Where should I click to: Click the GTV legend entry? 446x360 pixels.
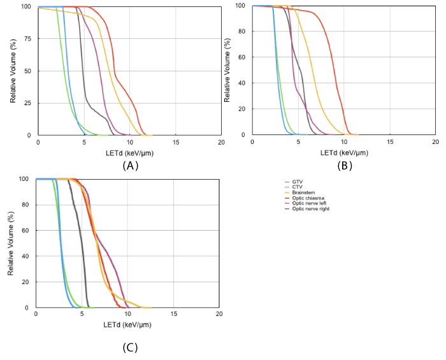pos(296,182)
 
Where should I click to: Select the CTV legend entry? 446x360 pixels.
pos(296,187)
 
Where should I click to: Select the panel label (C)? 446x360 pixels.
pos(130,348)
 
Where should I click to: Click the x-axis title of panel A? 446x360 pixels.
pos(129,153)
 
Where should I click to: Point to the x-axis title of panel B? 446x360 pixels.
pos(343,152)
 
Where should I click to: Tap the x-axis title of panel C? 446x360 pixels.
pos(127,324)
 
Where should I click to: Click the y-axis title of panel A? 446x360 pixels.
pos(13,71)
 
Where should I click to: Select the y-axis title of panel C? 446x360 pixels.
pos(11,243)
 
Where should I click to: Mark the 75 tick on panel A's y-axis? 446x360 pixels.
pos(27,39)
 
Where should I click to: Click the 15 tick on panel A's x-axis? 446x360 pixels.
pos(175,141)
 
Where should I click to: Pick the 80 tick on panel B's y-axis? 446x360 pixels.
pos(242,31)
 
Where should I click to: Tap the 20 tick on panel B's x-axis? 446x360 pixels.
pos(435,141)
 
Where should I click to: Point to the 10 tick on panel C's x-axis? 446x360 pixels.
pos(127,313)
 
